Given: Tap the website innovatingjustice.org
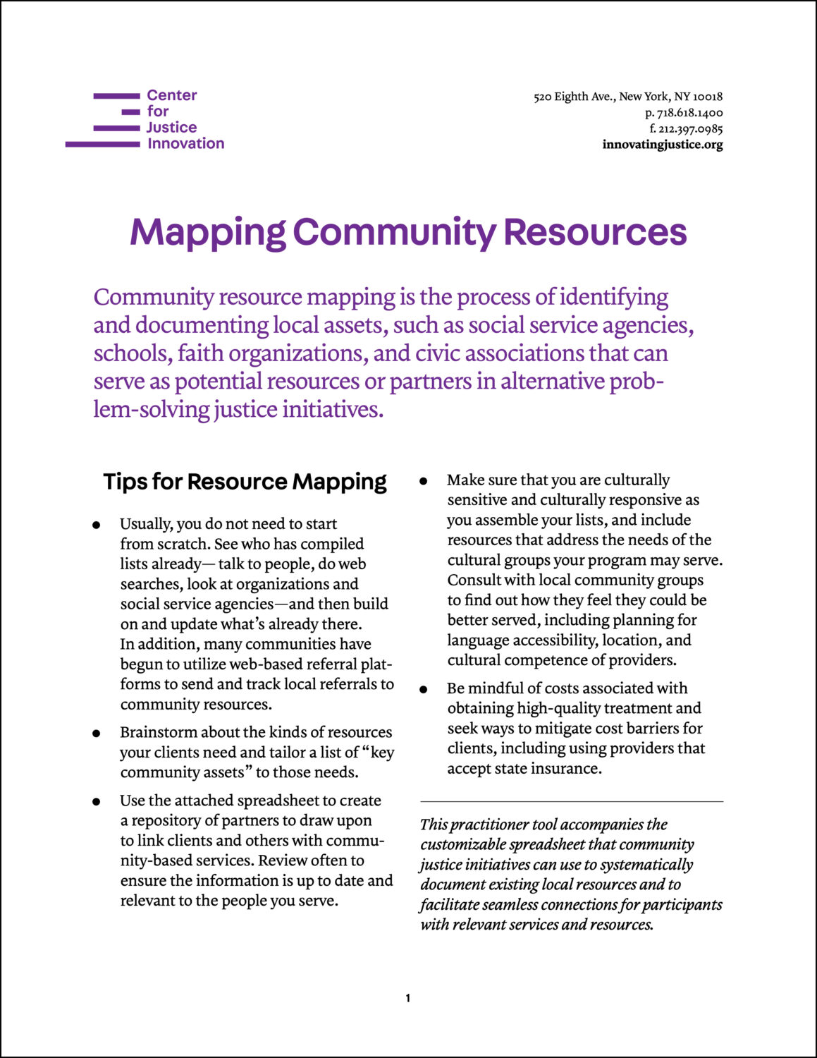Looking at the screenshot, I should click(x=663, y=145).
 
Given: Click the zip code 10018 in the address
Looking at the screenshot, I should click(x=708, y=97).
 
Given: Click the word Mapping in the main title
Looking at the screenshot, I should click(x=207, y=233).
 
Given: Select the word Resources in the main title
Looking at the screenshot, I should click(x=595, y=232).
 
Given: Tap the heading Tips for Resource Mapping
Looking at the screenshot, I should click(x=245, y=482).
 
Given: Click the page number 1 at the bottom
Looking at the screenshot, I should click(x=408, y=998).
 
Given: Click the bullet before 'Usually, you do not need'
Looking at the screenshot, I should click(x=96, y=525).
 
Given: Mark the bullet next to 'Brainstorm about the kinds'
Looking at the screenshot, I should click(x=96, y=734).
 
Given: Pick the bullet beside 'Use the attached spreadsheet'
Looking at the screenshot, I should click(x=96, y=802).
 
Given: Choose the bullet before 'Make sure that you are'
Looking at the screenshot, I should click(x=423, y=482).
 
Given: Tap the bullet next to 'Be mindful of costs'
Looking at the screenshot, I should click(x=423, y=690).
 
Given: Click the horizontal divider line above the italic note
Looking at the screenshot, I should click(x=572, y=802).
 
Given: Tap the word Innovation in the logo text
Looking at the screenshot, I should click(x=185, y=144).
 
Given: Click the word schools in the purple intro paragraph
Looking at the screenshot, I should click(x=132, y=353).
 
